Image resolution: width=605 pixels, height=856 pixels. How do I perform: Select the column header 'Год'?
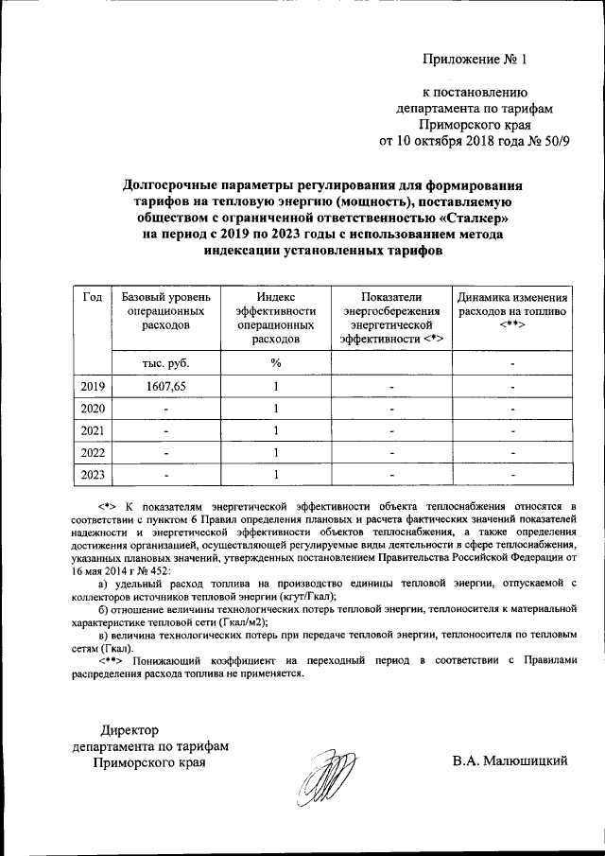[93, 296]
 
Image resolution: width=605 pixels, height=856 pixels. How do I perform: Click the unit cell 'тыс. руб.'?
[159, 362]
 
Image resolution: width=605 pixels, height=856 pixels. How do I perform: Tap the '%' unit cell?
[275, 362]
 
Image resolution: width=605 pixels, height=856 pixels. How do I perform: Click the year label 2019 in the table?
[93, 386]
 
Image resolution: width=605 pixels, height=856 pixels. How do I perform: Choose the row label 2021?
[93, 430]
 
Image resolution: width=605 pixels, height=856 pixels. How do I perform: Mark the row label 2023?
[93, 474]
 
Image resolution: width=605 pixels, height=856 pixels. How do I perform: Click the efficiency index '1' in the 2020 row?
[275, 409]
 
